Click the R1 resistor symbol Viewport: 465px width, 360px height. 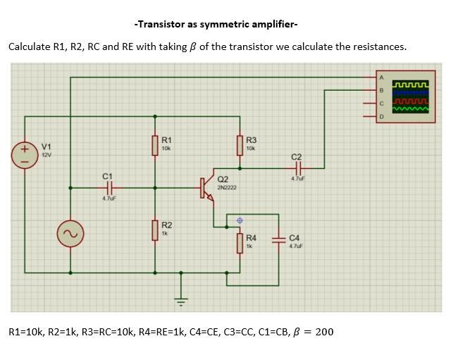[156, 144]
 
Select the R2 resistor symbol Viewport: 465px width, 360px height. [156, 230]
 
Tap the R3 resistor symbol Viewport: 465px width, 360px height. [240, 144]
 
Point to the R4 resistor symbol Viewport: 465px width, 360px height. [240, 243]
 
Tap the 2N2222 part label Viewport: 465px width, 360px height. [227, 188]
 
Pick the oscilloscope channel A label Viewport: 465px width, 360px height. [382, 77]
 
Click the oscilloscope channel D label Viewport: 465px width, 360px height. [382, 116]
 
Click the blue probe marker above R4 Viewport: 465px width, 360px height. [240, 221]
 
